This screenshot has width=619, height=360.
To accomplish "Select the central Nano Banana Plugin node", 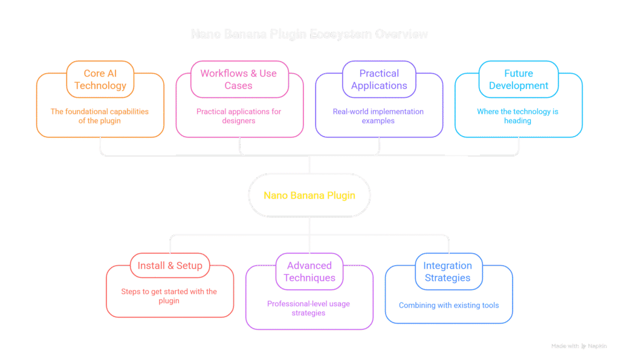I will tap(309, 196).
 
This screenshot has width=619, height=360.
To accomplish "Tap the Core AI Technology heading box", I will tap(100, 79).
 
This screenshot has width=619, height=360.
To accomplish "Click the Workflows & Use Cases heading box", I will tap(239, 79).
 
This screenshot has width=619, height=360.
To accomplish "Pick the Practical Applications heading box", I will tap(379, 79).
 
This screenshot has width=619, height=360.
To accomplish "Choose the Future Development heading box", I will tap(518, 79).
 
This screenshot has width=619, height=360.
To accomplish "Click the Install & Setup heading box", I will tap(169, 266).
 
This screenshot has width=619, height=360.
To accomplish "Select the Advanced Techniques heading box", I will tap(309, 271).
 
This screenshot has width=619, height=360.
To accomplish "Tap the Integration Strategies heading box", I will tap(448, 271).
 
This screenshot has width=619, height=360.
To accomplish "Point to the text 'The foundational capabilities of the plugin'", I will tap(100, 116).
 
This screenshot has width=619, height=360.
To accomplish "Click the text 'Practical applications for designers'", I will tap(239, 116).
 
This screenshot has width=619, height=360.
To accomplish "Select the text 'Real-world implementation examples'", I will tap(379, 116).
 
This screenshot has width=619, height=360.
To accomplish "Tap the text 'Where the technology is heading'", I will tap(518, 116).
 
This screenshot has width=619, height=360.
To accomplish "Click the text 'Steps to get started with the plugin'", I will tap(169, 296).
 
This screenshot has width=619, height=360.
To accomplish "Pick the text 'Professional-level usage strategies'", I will tap(309, 308).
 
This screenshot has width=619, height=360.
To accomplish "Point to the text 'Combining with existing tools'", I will tap(449, 305).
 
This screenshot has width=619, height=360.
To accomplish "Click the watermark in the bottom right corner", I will tap(578, 346).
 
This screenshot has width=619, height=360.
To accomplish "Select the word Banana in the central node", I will tap(304, 196).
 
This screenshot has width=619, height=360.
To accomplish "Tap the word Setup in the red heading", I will tap(189, 266).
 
